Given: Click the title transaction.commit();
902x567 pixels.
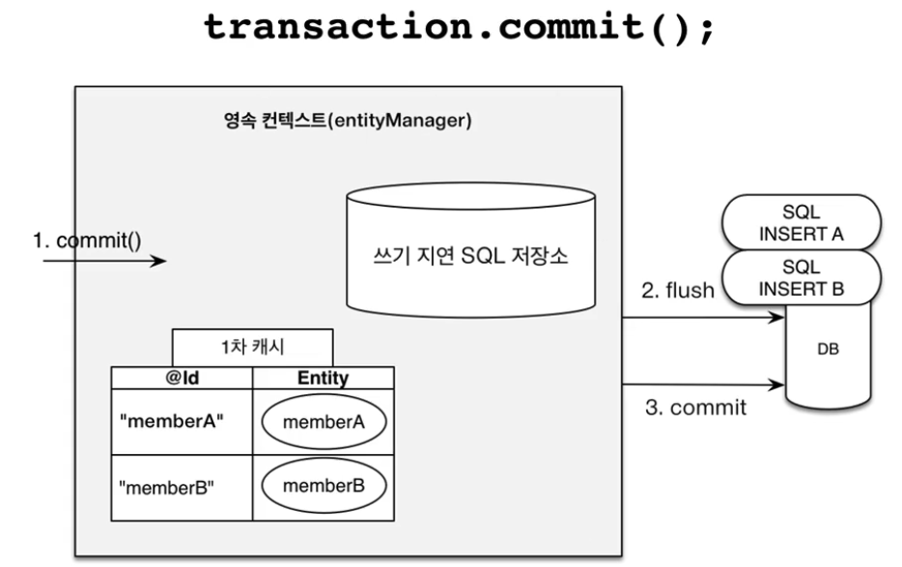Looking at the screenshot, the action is pos(459,27).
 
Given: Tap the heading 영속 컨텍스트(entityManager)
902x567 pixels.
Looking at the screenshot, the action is pos(348,121).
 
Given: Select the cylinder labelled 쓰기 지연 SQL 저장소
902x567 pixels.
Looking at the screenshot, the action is pos(470,250).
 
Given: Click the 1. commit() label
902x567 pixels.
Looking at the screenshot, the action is pos(87,241).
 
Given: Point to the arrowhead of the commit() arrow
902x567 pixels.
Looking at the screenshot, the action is pos(164,261).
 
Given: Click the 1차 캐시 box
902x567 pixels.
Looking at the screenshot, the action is pos(252,347).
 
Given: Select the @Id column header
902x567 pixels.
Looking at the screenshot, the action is pos(182,378).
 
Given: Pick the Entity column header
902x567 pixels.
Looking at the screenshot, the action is pos(324,378).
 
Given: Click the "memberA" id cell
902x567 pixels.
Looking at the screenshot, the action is pos(182,422).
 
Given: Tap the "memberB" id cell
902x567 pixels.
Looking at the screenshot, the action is pos(182,488).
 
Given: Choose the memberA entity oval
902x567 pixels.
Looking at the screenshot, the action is pos(324,422).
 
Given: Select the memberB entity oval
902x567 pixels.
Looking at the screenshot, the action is pos(324,486).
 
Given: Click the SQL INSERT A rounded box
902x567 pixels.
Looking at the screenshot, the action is pos(802,223).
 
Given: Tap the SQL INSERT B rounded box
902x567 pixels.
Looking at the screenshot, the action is pos(802,277).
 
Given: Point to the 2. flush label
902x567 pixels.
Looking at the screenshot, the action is pos(678,290).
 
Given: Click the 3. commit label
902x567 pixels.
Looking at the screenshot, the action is pos(695,408).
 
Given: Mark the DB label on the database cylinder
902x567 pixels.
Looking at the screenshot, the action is pos(828,349).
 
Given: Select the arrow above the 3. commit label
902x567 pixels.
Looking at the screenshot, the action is pos(703,383).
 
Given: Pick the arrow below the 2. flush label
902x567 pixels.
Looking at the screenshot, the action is pos(703,317).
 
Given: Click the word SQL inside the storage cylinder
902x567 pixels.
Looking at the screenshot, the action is pos(483,255).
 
